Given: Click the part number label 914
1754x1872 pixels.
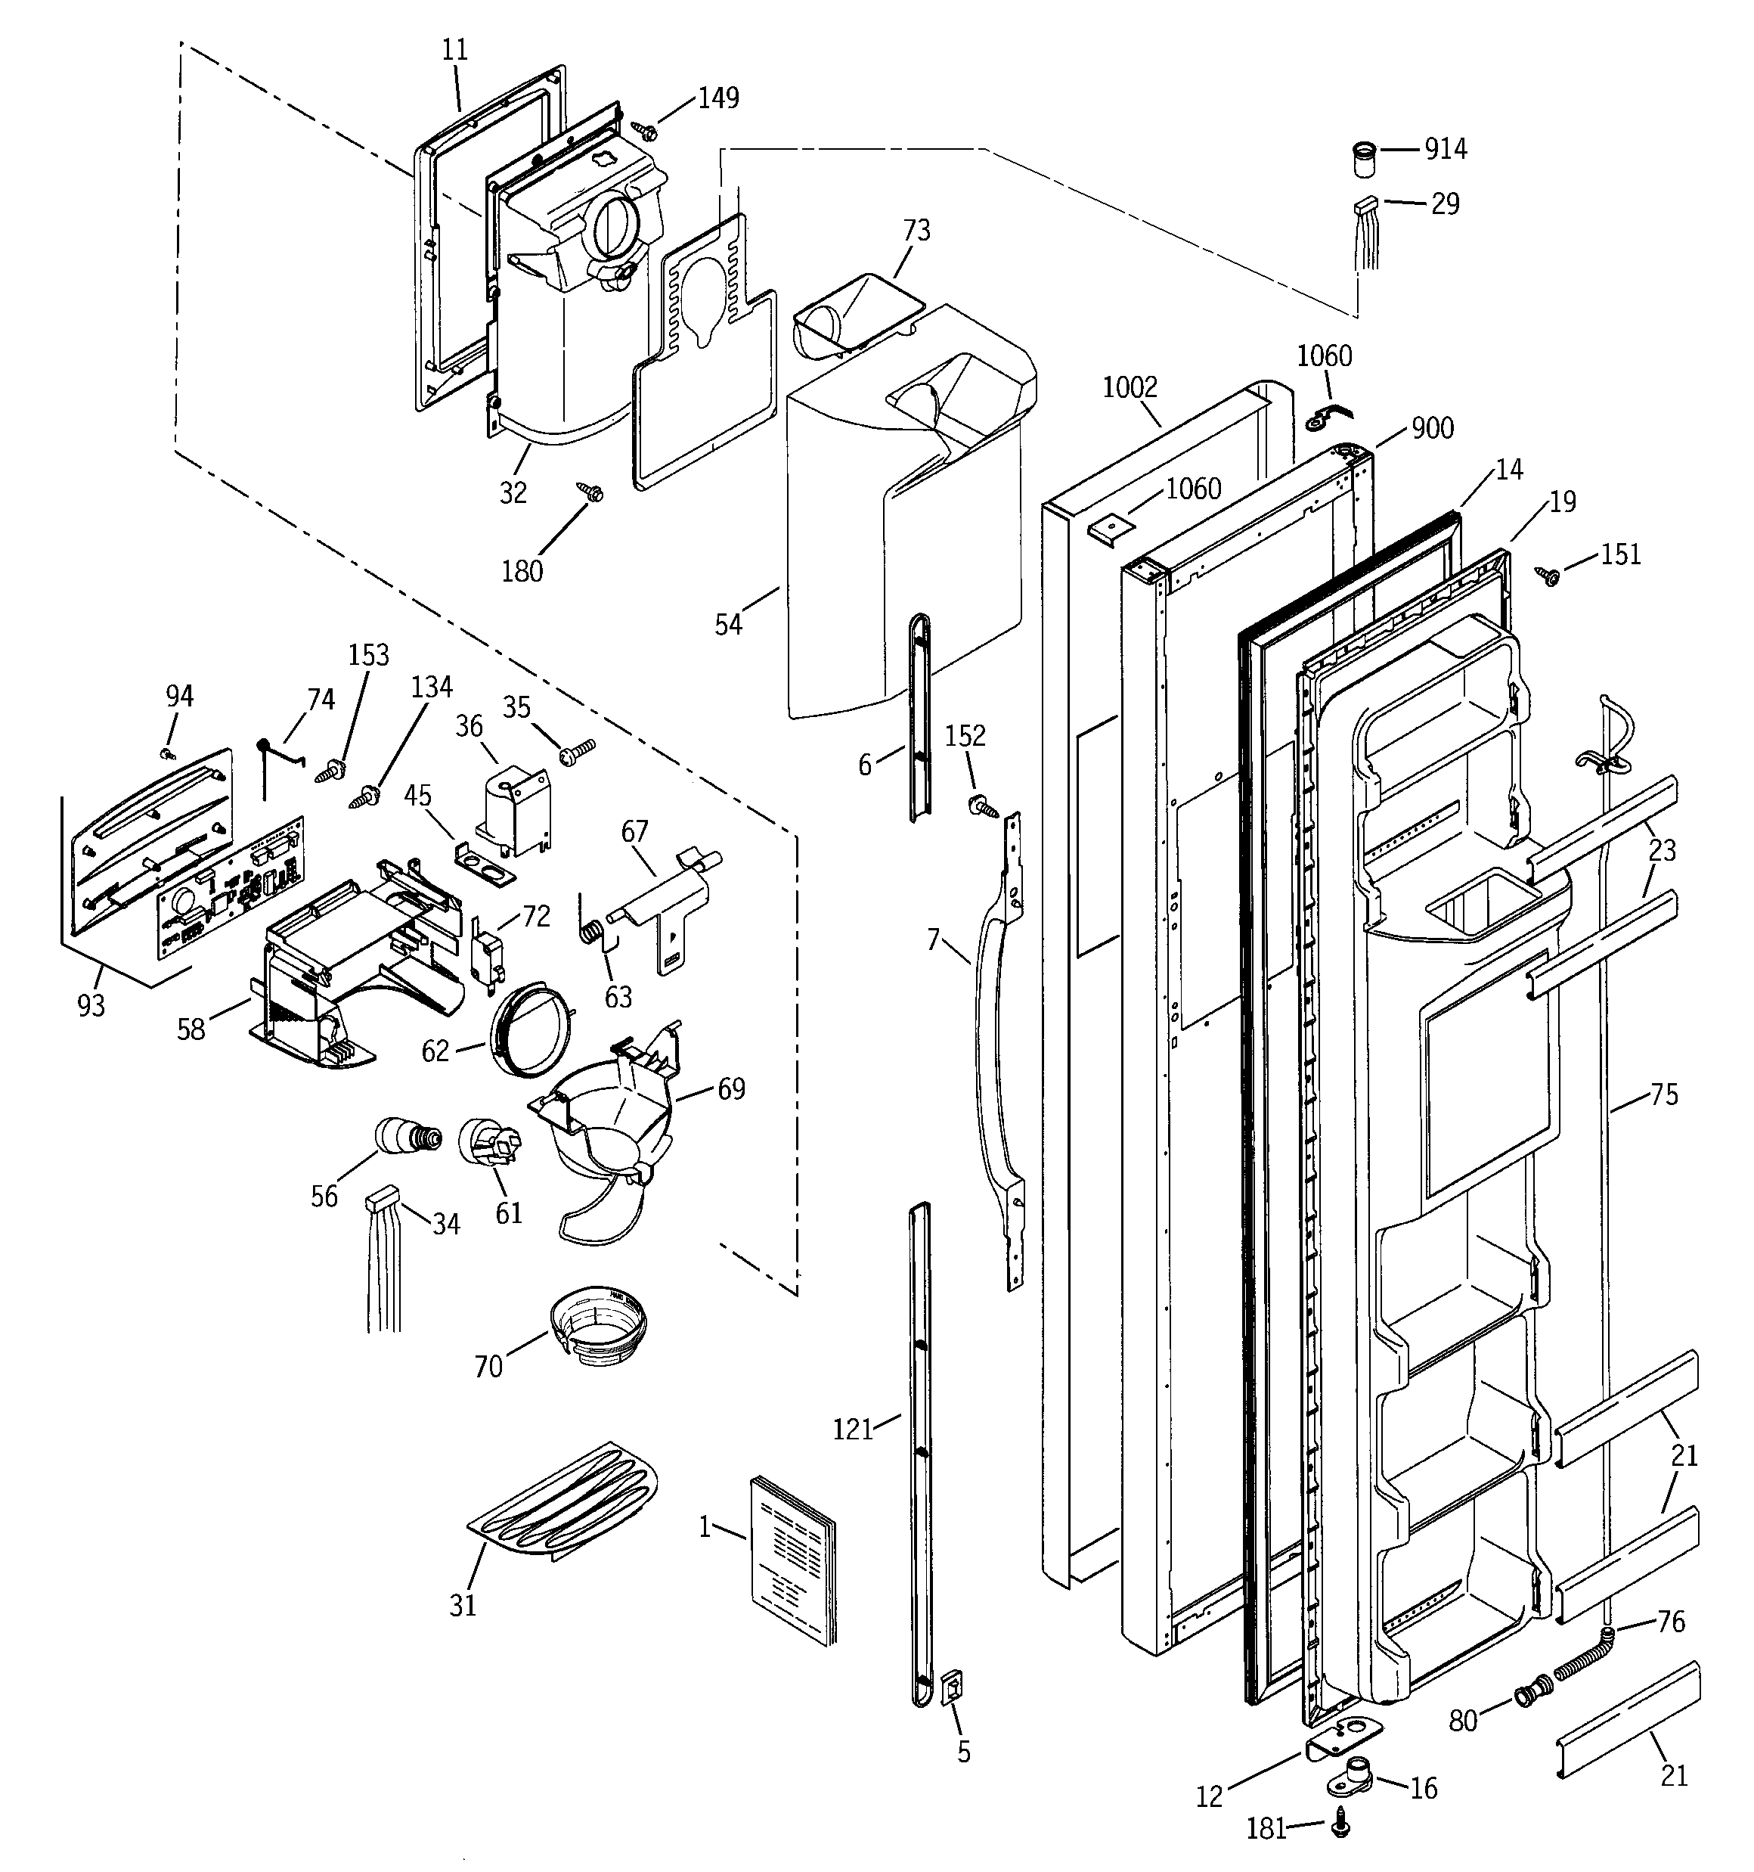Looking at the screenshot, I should pos(1446,149).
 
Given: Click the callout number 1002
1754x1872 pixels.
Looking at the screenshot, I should pos(1129,387).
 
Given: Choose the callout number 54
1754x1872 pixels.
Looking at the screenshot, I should pos(728,624).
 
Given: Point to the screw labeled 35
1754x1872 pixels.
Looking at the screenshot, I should pos(576,750).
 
